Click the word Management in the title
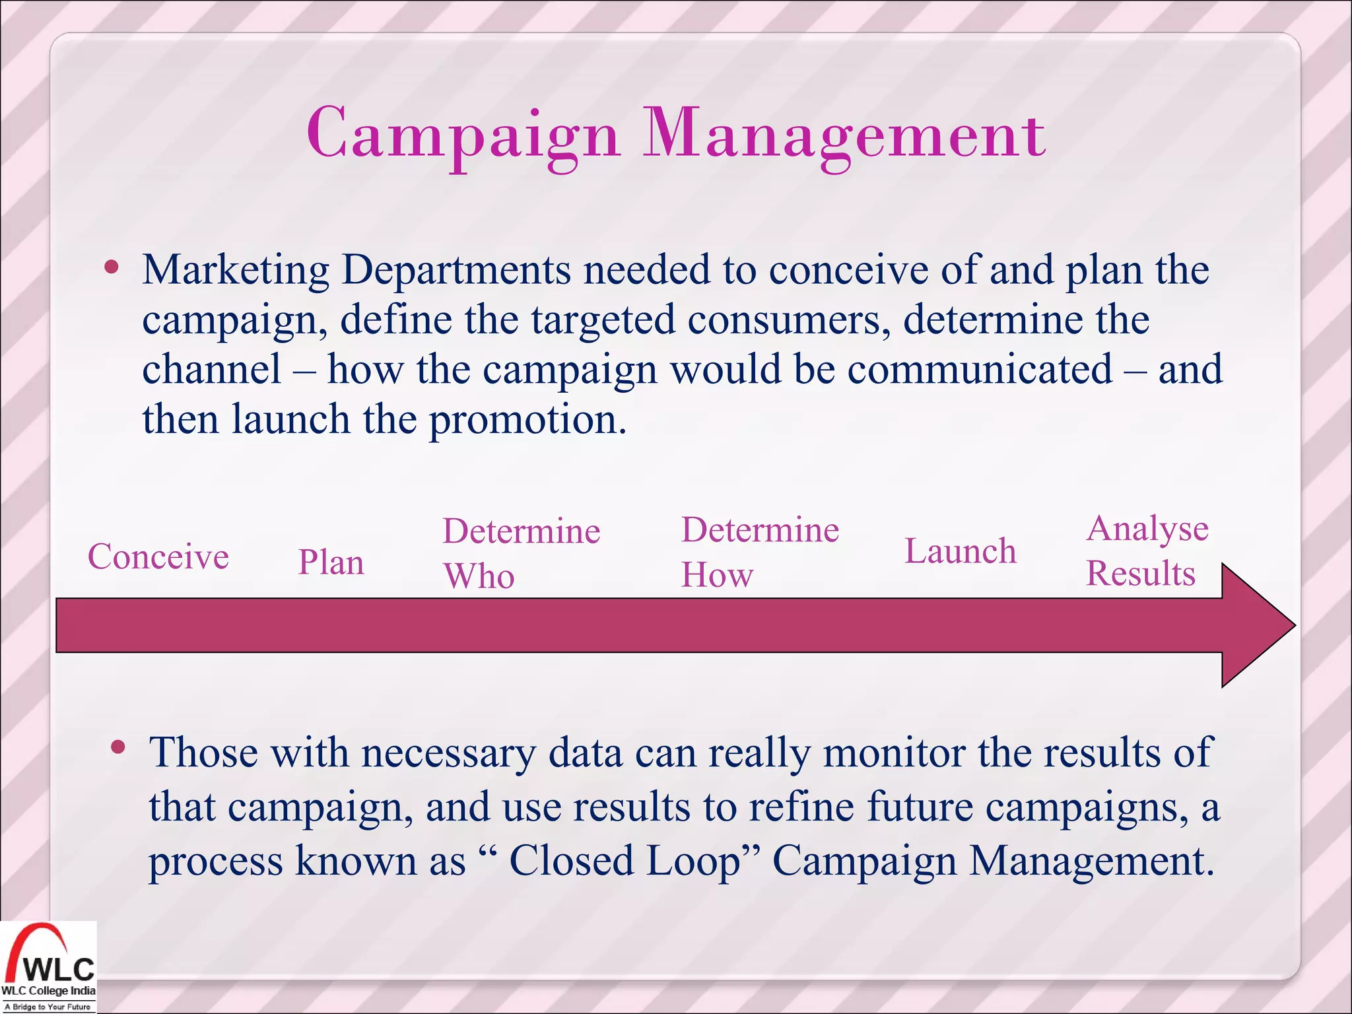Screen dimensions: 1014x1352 844,135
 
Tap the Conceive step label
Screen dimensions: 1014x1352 158,557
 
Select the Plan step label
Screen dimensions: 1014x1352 331,563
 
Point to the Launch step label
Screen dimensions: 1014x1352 960,551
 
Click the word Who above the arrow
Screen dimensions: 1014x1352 479,576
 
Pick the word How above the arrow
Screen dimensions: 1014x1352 717,575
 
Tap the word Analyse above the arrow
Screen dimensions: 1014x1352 1147,529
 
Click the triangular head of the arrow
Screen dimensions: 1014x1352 1254,625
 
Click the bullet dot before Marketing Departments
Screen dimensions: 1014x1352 112,267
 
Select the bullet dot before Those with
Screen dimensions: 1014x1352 118,747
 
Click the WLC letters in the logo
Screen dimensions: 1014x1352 59,969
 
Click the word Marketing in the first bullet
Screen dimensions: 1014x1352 236,271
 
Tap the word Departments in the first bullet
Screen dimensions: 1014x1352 456,271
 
